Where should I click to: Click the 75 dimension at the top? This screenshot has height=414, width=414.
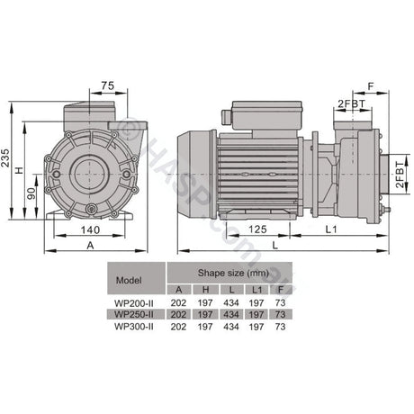pos(108,86)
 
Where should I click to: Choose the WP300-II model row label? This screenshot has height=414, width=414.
pos(133,327)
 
